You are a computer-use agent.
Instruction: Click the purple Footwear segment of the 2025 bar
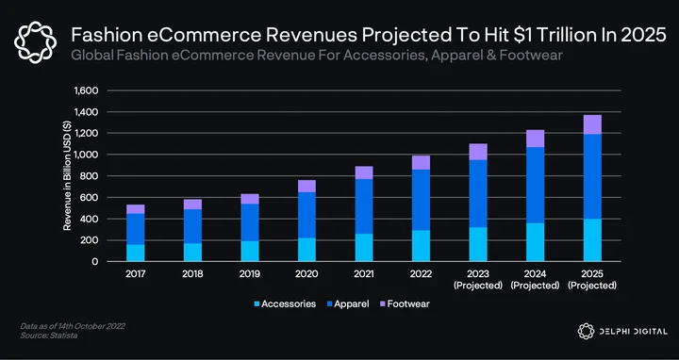point(592,124)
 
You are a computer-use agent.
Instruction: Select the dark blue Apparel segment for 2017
point(136,229)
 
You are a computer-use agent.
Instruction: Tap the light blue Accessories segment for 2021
point(364,248)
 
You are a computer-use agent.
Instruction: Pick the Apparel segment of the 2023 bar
point(478,193)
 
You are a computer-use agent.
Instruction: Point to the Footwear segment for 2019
point(250,199)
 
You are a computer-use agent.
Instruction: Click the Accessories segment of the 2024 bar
point(536,242)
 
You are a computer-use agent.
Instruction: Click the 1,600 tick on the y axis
point(87,90)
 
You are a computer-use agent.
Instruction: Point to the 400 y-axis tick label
point(91,219)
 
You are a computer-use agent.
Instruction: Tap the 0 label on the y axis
point(95,262)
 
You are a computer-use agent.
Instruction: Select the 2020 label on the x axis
point(306,274)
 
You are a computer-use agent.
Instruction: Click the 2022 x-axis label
point(421,274)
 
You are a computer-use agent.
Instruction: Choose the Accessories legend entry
point(285,303)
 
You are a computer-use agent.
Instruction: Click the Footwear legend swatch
point(382,303)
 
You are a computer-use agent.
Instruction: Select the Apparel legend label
point(352,304)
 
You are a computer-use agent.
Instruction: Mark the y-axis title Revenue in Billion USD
point(68,175)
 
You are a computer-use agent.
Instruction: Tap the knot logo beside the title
point(35,42)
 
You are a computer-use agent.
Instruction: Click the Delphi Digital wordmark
point(633,332)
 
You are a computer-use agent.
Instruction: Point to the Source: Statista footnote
point(49,335)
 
